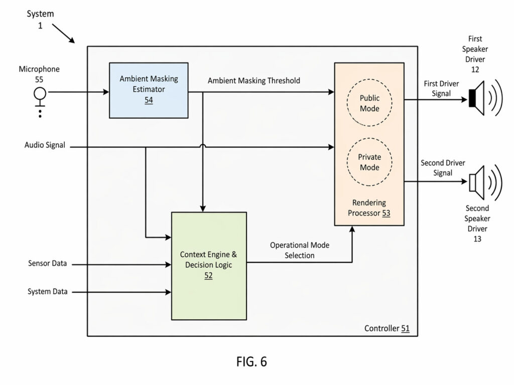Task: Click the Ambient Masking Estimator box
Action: (149, 90)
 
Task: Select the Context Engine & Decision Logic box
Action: (209, 265)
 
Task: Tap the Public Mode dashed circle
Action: (369, 104)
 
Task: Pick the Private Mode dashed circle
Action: (369, 162)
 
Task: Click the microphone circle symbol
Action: (40, 93)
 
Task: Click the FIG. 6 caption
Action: (251, 362)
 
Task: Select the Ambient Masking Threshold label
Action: (254, 81)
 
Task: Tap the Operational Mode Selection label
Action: (299, 250)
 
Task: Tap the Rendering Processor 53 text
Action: (369, 208)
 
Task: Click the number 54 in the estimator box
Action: (149, 100)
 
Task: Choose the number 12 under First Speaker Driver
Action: (475, 70)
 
